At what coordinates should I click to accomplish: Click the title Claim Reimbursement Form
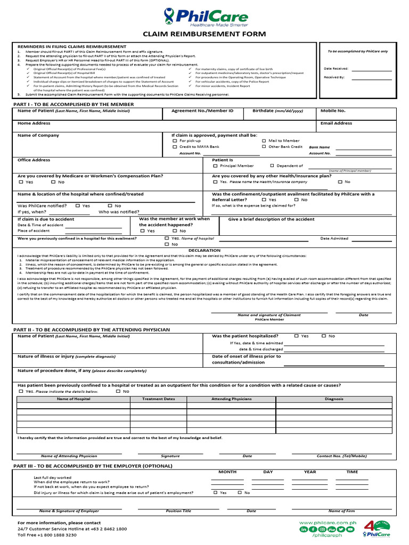point(204,35)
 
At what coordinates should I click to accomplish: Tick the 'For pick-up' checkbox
point(175,141)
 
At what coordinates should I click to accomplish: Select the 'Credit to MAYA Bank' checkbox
point(175,146)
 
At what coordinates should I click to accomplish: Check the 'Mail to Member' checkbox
point(264,141)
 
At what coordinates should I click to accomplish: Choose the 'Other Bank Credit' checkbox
point(264,146)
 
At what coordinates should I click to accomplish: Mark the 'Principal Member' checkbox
point(215,166)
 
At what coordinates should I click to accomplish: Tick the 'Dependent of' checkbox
point(272,166)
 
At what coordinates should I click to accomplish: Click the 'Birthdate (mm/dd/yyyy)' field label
point(277,111)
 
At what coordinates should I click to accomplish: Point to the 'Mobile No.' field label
point(333,111)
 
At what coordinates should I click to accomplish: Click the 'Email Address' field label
point(336,123)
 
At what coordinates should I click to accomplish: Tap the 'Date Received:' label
point(336,69)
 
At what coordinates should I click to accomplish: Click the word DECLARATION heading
point(204,250)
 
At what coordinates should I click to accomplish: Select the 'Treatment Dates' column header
point(159,399)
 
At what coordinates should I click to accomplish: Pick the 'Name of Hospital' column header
point(73,399)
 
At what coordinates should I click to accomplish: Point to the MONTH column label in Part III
point(227,472)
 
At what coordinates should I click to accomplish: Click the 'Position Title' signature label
point(178,511)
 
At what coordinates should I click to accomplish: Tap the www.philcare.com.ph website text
point(327,523)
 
